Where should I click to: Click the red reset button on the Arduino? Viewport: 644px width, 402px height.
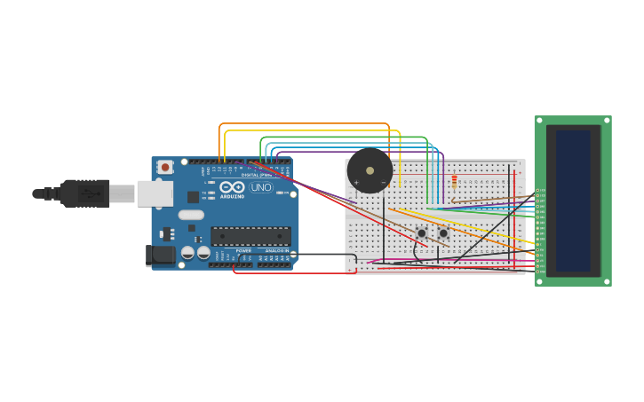click(x=165, y=167)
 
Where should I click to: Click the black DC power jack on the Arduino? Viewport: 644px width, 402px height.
click(x=161, y=256)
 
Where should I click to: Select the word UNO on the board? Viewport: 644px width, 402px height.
click(x=261, y=187)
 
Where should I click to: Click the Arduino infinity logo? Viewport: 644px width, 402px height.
click(x=232, y=187)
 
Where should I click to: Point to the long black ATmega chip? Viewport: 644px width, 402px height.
click(x=250, y=236)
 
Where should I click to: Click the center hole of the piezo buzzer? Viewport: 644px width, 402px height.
click(x=370, y=170)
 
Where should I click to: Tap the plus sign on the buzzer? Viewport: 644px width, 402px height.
click(x=356, y=183)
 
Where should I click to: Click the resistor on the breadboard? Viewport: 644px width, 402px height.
click(x=455, y=183)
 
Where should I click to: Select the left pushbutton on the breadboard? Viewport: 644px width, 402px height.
click(x=422, y=233)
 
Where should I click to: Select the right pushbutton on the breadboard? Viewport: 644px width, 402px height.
click(x=443, y=233)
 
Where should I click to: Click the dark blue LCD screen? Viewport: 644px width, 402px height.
click(x=573, y=201)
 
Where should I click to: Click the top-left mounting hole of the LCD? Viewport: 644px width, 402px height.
click(x=539, y=121)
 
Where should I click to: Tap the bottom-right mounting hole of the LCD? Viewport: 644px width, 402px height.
click(x=607, y=280)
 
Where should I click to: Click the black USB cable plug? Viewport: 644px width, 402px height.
click(x=85, y=193)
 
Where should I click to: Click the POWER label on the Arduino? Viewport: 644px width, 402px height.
click(x=242, y=251)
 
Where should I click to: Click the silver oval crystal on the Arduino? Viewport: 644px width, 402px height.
click(x=191, y=214)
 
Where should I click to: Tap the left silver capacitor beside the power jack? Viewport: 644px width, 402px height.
click(x=188, y=253)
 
